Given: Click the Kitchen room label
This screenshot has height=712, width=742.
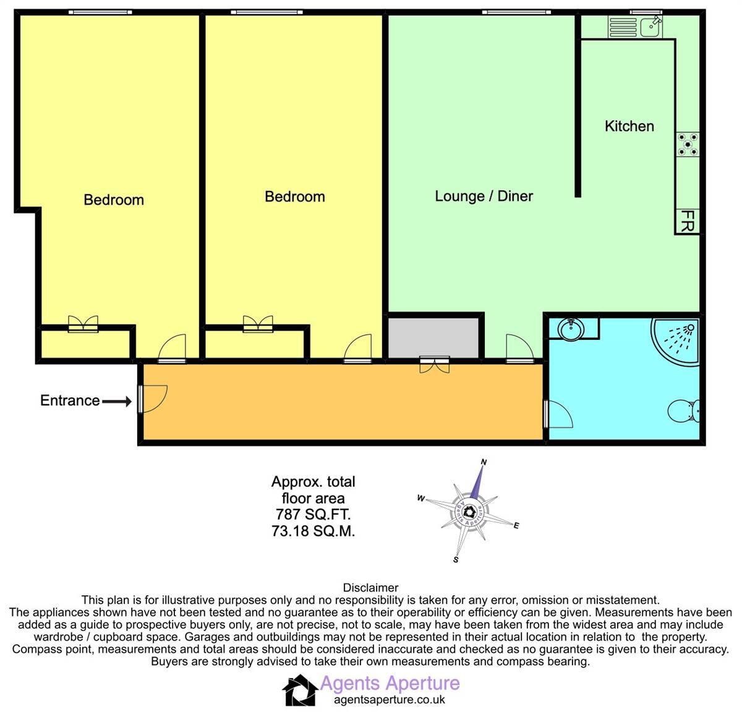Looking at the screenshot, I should [x=629, y=126].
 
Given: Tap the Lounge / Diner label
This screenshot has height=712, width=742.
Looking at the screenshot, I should [x=484, y=197].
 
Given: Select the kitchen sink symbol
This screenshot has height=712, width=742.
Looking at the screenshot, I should [x=635, y=27].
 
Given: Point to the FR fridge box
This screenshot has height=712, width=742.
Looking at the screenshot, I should [x=687, y=221].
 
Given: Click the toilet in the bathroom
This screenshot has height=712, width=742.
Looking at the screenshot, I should [x=685, y=410].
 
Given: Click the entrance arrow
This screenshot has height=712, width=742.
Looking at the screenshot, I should [x=116, y=402].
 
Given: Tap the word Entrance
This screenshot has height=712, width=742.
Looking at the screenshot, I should [x=70, y=400].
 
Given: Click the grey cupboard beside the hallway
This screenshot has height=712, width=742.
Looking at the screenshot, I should [x=433, y=337].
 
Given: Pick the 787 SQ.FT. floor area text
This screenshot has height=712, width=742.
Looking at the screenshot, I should [x=313, y=514].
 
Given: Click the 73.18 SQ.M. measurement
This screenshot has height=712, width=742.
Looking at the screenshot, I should [x=313, y=531].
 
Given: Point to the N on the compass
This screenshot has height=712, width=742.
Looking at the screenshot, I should [x=484, y=462].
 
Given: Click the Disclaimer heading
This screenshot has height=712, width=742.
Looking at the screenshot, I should [x=370, y=588].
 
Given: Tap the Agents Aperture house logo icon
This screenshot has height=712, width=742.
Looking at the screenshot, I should [x=300, y=690].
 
